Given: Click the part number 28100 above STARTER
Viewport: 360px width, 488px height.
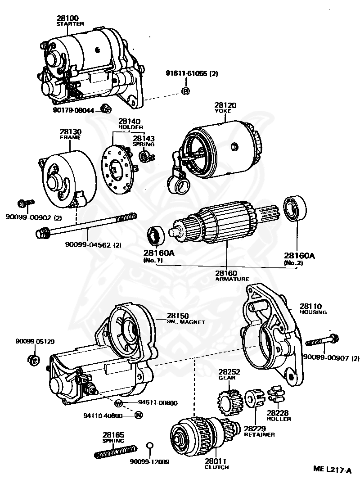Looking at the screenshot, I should pos(67,18).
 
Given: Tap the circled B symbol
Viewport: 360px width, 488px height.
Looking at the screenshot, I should pos(185,91).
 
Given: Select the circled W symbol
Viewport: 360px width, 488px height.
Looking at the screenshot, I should pos(118,403).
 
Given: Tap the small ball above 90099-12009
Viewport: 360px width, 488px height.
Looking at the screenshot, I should pos(150,446).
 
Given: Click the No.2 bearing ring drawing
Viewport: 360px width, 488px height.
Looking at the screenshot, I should pos(294,210).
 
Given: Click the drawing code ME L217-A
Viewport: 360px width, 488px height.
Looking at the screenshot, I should pos(332,470).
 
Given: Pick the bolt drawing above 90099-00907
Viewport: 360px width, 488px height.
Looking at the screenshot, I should pos(323,340).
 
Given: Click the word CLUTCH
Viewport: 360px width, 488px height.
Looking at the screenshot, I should pos(216,467).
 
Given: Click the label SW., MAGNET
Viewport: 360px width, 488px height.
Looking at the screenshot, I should pos(186,322).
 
